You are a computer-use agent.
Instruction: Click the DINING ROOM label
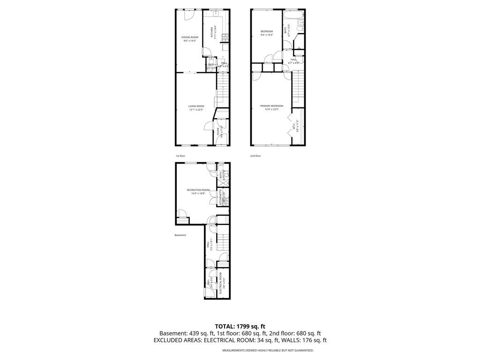(190, 37)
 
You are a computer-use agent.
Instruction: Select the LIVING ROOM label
(196, 106)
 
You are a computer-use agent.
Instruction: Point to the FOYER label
(218, 132)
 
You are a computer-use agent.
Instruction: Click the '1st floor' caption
(180, 156)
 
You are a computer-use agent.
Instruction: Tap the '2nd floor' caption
(255, 156)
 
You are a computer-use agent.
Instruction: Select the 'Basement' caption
(180, 235)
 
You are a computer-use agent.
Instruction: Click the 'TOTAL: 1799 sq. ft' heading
(240, 326)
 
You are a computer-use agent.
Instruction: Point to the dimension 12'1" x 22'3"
(196, 110)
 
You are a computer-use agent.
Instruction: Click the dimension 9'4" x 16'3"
(267, 35)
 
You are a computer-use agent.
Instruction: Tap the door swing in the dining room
(188, 14)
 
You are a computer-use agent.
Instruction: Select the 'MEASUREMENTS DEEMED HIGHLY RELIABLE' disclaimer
(268, 350)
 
